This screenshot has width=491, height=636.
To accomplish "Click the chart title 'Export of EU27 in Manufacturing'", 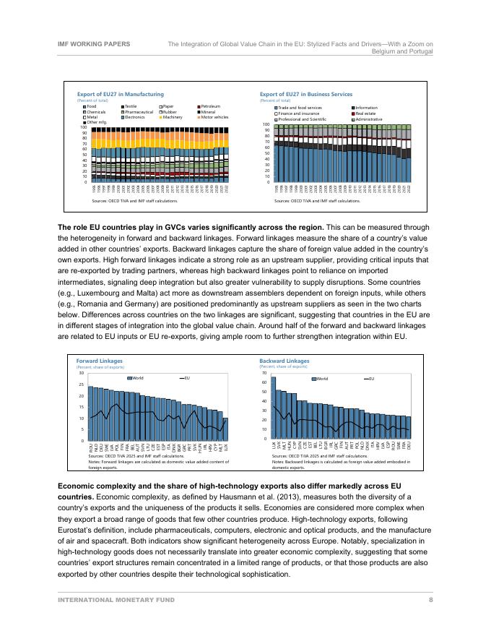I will click(121, 94).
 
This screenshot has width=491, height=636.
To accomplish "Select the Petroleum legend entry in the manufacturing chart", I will click(210, 106).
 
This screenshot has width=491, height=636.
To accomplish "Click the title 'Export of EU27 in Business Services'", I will click(305, 94).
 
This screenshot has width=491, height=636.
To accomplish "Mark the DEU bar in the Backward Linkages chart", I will click(409, 427).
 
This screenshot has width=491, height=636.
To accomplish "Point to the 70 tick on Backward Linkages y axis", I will click(264, 373).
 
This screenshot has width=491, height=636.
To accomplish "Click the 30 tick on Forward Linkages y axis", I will click(82, 373).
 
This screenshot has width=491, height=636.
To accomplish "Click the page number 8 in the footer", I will click(430, 599).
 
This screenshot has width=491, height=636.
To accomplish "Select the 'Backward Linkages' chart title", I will click(284, 360).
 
